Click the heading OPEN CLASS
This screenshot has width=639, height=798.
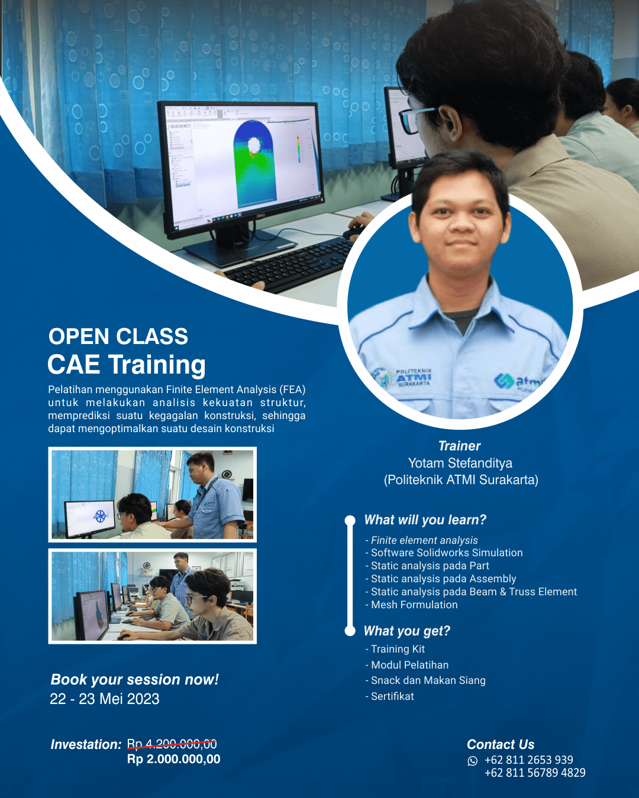pos(118,336)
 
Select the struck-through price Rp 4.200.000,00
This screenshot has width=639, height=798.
pos(172,744)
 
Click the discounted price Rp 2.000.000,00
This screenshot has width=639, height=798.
pos(173,760)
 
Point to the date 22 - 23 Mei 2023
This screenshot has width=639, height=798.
pos(105,699)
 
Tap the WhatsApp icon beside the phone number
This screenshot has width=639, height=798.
pos(472,761)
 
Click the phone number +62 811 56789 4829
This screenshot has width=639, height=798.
pos(535,773)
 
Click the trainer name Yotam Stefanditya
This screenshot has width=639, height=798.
pos(460,463)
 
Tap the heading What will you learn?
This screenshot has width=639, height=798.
pos(425,520)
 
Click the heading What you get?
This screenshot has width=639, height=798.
pos(407,631)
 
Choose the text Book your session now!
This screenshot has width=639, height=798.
pos(135,680)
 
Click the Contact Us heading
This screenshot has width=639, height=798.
pos(501,745)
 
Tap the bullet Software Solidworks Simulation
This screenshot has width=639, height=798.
pos(447,553)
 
